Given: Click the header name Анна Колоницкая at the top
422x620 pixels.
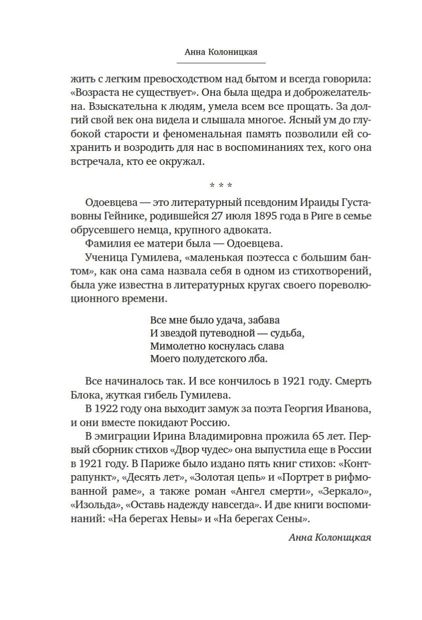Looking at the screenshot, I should click(221, 51).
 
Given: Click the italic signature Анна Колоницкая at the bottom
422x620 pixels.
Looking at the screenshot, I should click(330, 537).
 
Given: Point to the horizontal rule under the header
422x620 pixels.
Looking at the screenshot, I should click(221, 63).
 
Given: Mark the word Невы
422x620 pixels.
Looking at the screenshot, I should click(185, 519).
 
